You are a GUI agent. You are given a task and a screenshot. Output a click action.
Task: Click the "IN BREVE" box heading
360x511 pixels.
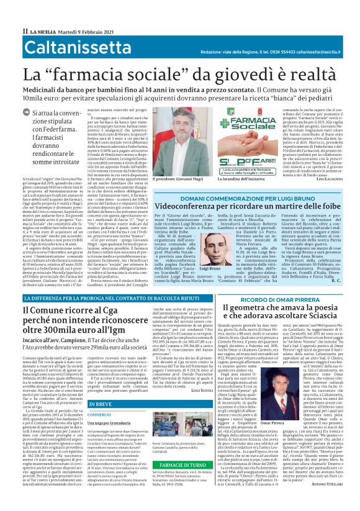click(101, 404)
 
